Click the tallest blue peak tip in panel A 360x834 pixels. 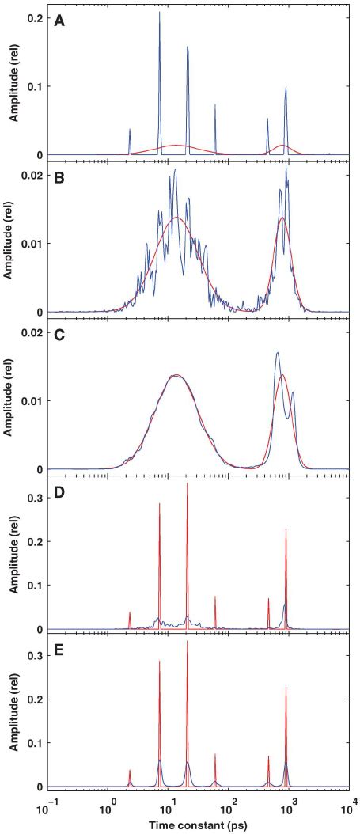pos(159,13)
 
